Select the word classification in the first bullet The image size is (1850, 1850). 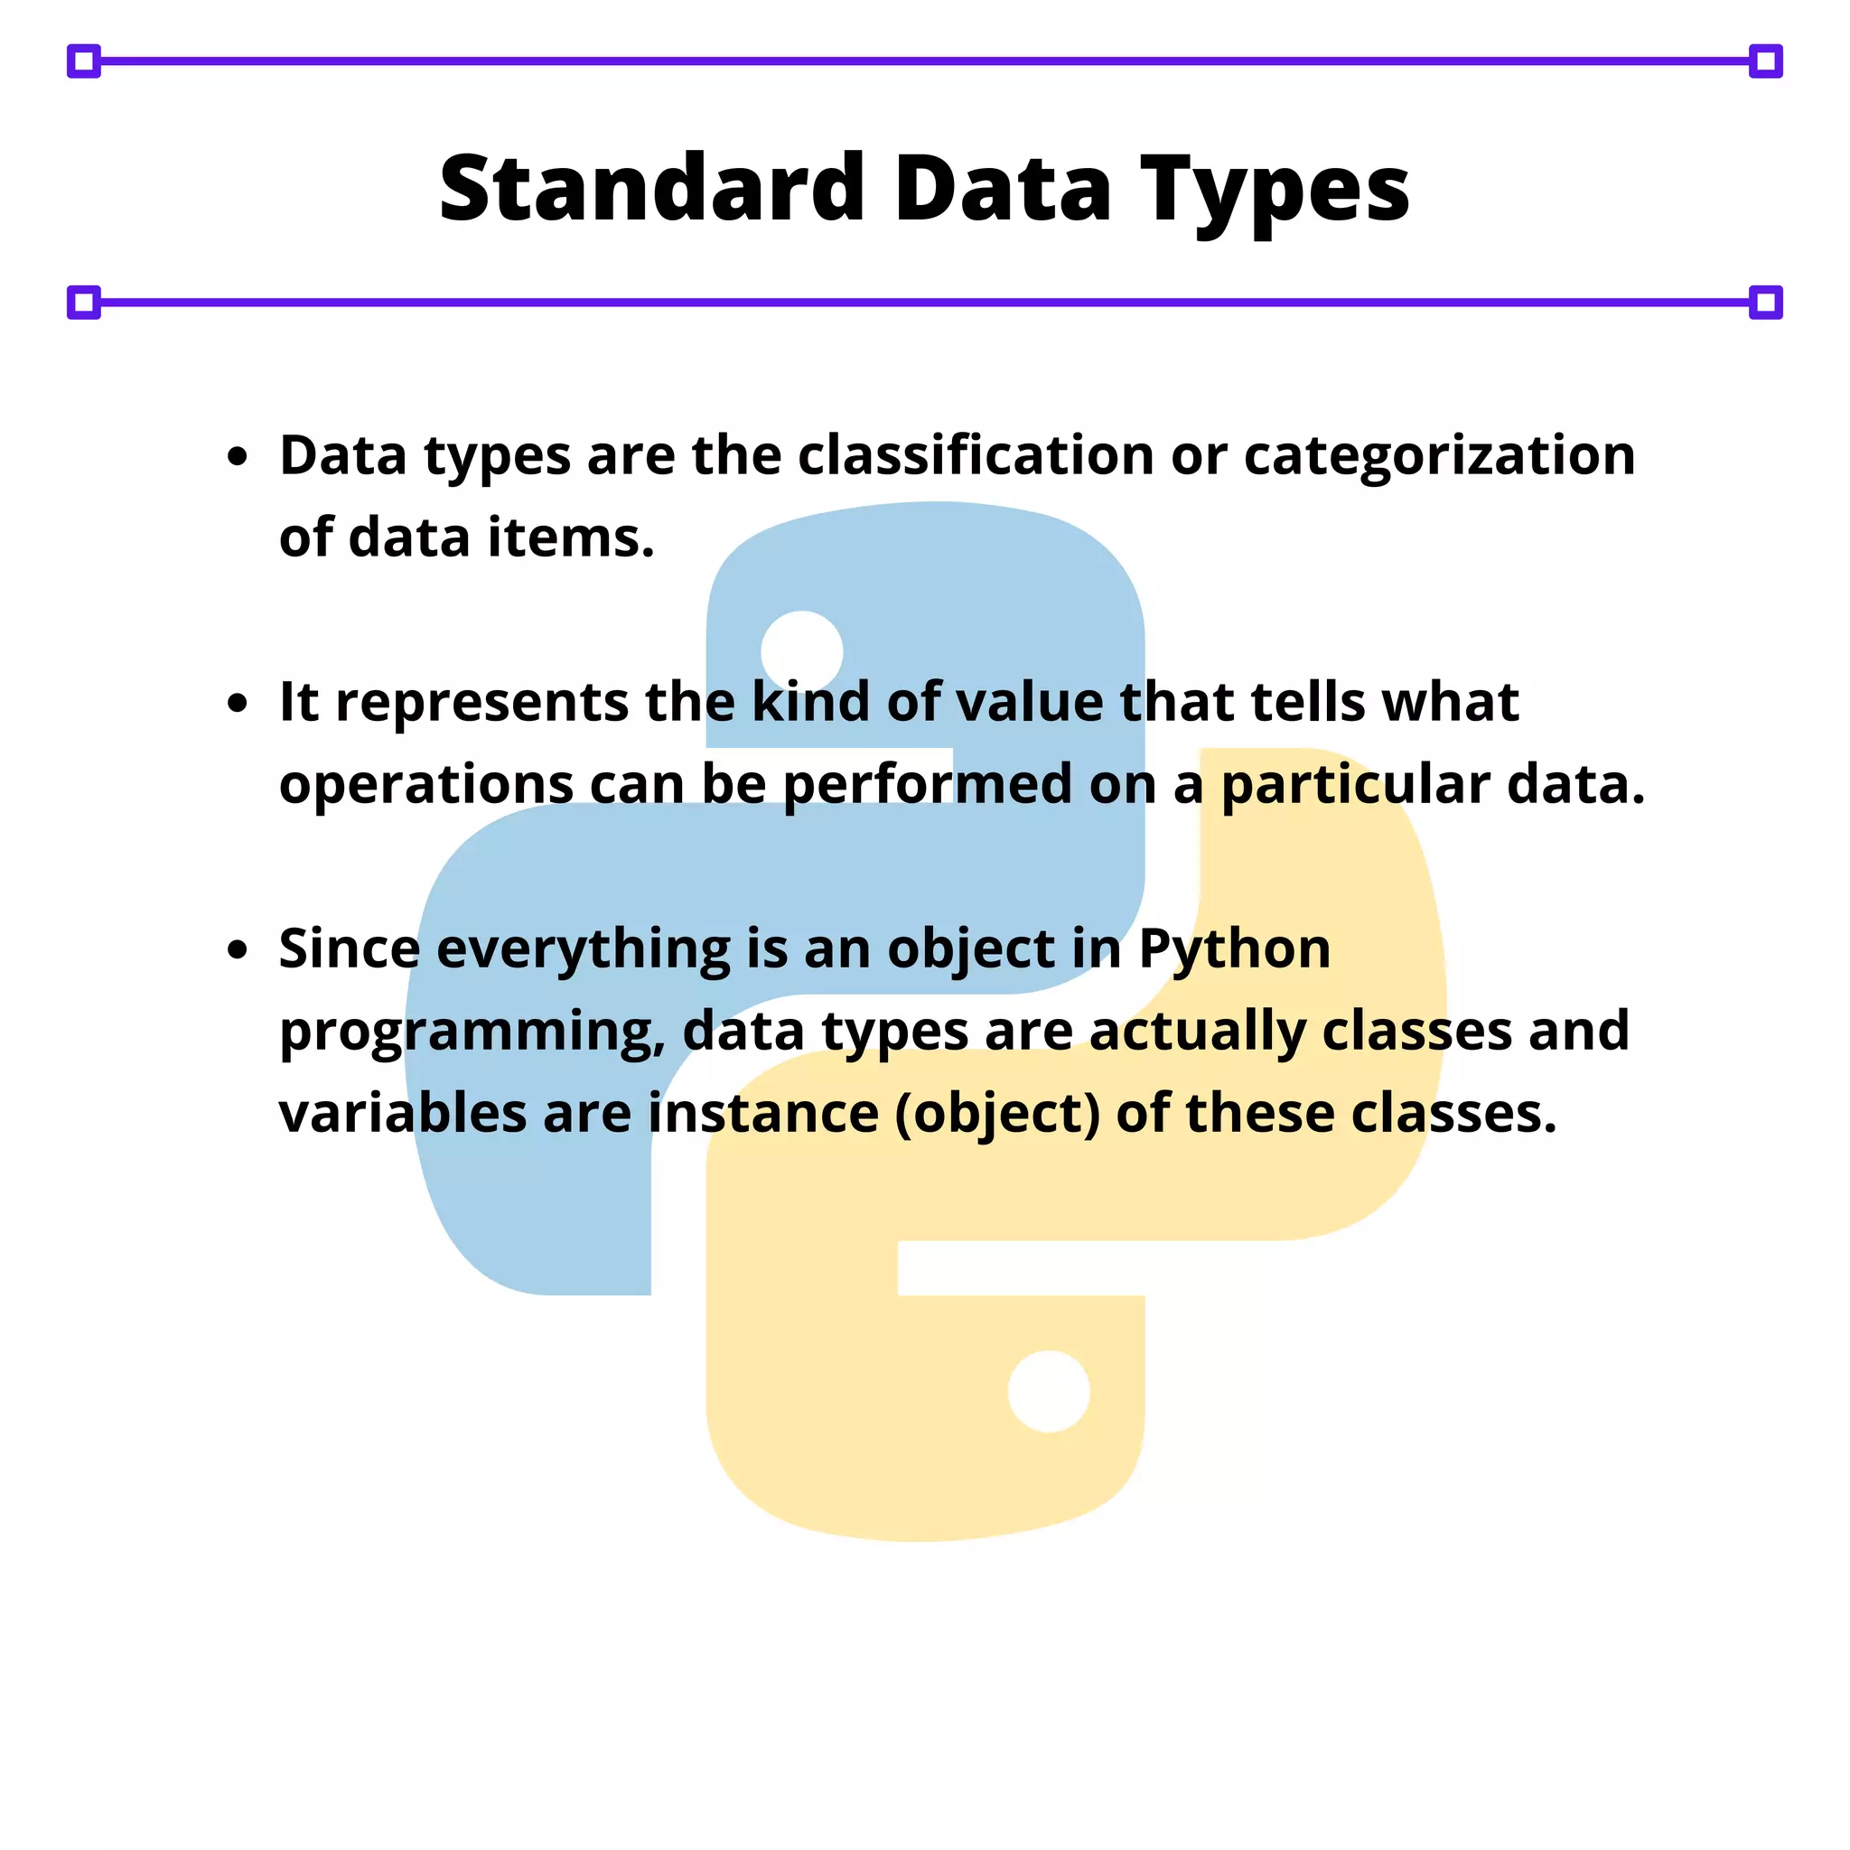(x=975, y=455)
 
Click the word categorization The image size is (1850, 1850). (x=1439, y=457)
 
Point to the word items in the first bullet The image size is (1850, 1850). (x=571, y=537)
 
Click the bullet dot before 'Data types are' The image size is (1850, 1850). (x=238, y=457)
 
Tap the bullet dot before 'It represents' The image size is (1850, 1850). (x=238, y=704)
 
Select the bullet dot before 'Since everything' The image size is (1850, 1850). (x=238, y=950)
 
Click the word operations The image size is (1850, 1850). (x=426, y=786)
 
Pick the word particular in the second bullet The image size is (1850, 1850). (x=1355, y=786)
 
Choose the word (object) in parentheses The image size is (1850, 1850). (x=997, y=1115)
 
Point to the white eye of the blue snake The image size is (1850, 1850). (x=801, y=651)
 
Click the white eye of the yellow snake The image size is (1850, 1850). (x=1049, y=1391)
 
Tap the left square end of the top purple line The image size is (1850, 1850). (x=84, y=61)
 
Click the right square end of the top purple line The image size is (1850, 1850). (x=1766, y=61)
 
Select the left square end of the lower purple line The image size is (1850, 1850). (x=84, y=303)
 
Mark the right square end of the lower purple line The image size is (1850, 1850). (x=1766, y=303)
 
